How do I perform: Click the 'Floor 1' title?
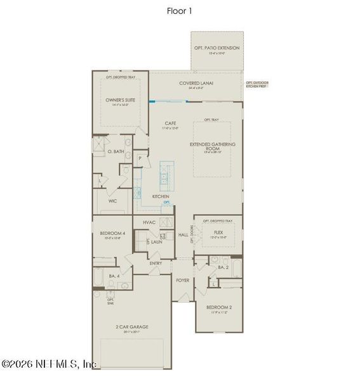point(180,10)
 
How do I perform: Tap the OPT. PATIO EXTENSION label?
point(216,48)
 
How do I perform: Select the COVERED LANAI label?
point(196,83)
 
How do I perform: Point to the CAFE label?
point(170,123)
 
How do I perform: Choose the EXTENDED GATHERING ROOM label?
point(213,144)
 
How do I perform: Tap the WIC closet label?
point(112,201)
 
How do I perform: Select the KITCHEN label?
point(161,197)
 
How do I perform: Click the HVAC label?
point(149,222)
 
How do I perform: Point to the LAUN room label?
point(157,241)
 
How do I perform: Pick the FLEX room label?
point(218,232)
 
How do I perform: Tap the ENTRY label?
point(156,263)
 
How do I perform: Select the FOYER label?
point(182,279)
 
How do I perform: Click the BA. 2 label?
point(223,267)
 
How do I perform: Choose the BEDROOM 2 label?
point(218,307)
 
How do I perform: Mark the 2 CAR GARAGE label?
point(133,327)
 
